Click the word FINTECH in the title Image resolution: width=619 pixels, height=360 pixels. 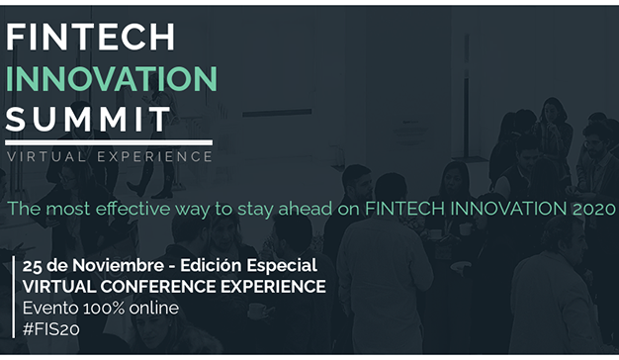(90, 37)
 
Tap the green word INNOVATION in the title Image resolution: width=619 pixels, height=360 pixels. (111, 78)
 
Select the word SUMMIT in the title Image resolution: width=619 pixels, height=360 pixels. (88, 120)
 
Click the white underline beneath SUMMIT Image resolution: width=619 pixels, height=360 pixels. (109, 142)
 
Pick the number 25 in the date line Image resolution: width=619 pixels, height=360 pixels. (32, 266)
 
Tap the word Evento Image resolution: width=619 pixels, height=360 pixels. (49, 308)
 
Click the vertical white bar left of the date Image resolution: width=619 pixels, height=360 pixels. (13, 297)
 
